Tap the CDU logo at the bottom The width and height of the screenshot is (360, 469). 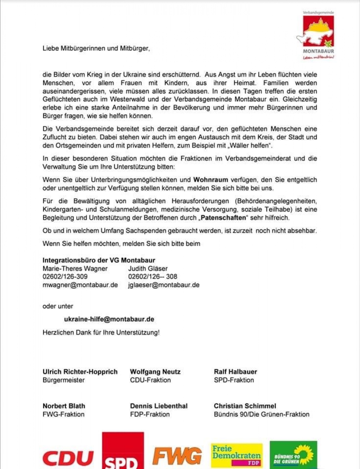pos(68,457)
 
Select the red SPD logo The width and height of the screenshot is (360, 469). pos(123,451)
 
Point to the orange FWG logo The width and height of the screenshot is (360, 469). pos(177,456)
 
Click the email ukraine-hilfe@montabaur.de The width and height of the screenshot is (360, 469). pos(109,319)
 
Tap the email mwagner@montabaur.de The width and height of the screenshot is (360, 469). pos(80,285)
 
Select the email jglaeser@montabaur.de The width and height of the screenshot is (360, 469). pos(164,285)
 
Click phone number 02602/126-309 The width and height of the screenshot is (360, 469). pos(65,276)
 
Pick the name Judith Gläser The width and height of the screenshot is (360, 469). pos(148,268)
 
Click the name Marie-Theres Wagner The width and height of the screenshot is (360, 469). pos(75,268)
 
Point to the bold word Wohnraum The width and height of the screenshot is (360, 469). pos(211,179)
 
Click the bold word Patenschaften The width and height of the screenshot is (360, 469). pos(223,217)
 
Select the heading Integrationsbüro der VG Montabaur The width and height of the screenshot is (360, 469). pos(99,260)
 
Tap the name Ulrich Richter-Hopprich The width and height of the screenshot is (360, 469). pos(80,372)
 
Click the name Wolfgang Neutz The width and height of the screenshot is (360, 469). pos(155,372)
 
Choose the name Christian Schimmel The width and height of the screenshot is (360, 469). pos(245,406)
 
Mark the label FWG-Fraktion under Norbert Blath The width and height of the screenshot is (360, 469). pos(63,414)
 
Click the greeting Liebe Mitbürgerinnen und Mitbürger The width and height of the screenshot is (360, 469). pos(96,48)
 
